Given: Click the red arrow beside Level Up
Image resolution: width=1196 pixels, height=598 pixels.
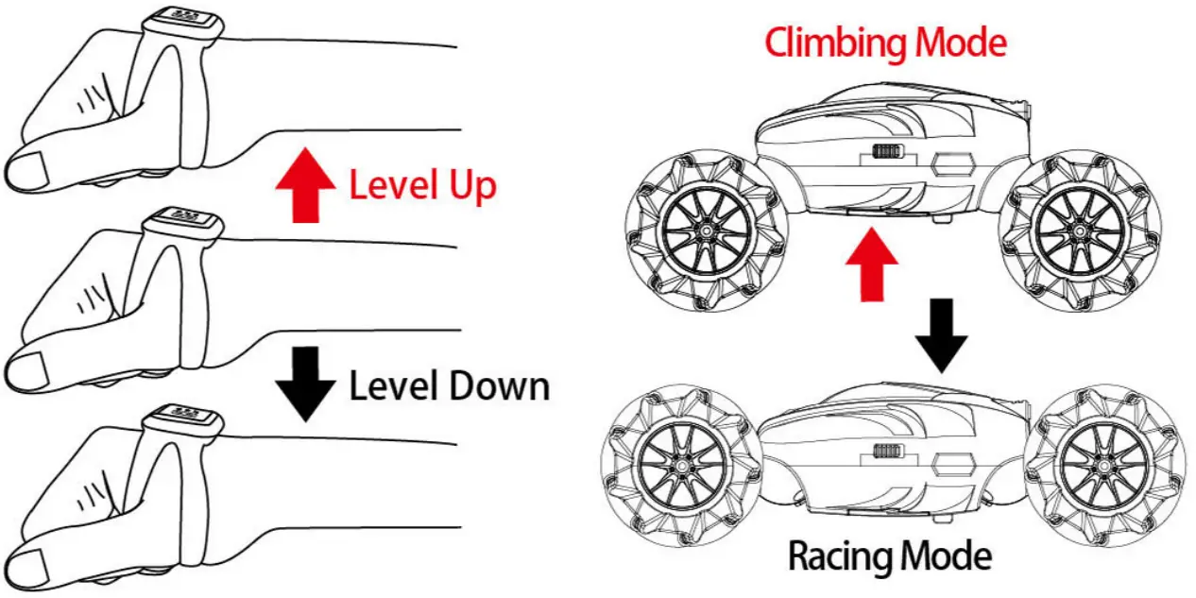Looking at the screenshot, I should click(x=304, y=186).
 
